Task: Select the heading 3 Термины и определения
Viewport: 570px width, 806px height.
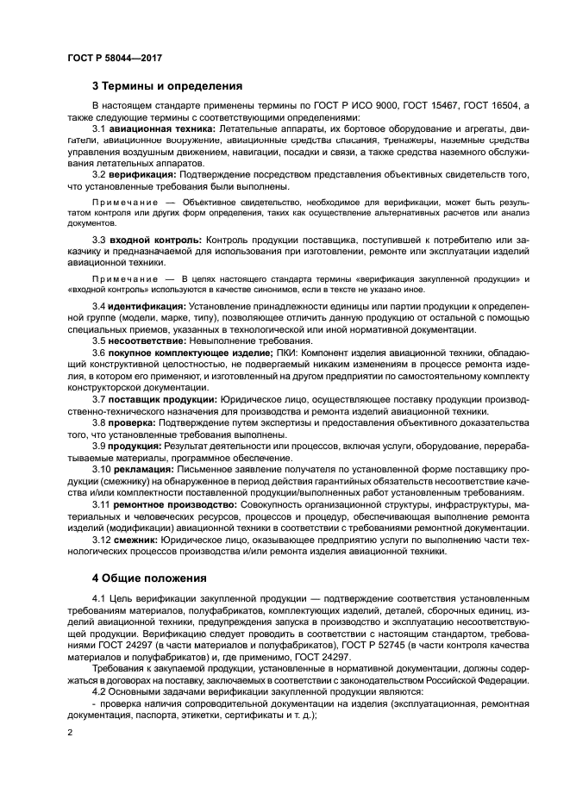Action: pyautogui.click(x=167, y=86)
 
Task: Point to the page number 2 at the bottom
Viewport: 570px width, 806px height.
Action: pyautogui.click(x=69, y=732)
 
